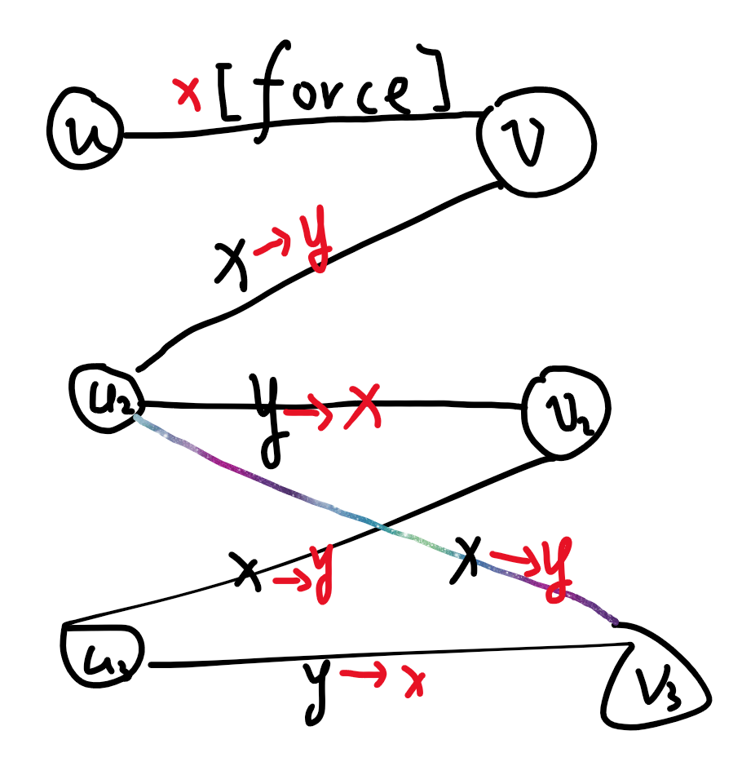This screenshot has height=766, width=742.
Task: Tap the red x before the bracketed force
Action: pos(188,95)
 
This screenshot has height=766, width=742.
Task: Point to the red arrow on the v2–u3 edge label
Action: pos(289,581)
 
